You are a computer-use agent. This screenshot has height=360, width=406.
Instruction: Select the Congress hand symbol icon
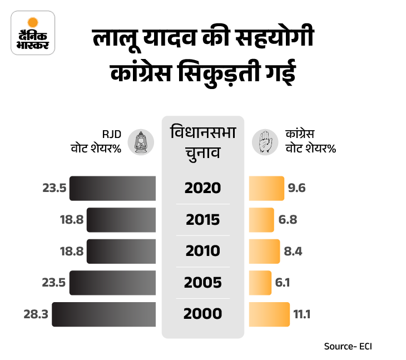pyautogui.click(x=265, y=142)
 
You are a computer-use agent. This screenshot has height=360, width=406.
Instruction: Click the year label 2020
pyautogui.click(x=202, y=188)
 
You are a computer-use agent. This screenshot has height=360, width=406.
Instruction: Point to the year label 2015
pyautogui.click(x=202, y=219)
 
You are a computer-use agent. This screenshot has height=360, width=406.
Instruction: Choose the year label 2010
pyautogui.click(x=202, y=251)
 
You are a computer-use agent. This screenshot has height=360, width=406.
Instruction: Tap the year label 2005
pyautogui.click(x=202, y=283)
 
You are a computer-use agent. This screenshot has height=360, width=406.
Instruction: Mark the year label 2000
pyautogui.click(x=202, y=314)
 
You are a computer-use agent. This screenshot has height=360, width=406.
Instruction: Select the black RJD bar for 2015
pyautogui.click(x=121, y=219)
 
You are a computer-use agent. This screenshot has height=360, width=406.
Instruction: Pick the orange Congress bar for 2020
pyautogui.click(x=266, y=188)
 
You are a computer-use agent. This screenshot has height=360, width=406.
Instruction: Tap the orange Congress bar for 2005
pyautogui.click(x=260, y=283)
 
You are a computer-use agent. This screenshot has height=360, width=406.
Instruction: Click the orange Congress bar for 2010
pyautogui.click(x=264, y=251)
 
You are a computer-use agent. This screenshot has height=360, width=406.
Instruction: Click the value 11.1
pyautogui.click(x=301, y=314)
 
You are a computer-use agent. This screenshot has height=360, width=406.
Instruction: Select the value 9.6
pyautogui.click(x=296, y=188)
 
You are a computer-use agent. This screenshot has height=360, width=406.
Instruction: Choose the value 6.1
pyautogui.click(x=282, y=283)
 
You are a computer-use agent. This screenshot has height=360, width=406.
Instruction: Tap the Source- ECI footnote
pyautogui.click(x=348, y=346)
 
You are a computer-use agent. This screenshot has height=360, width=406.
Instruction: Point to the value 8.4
pyautogui.click(x=293, y=251)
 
